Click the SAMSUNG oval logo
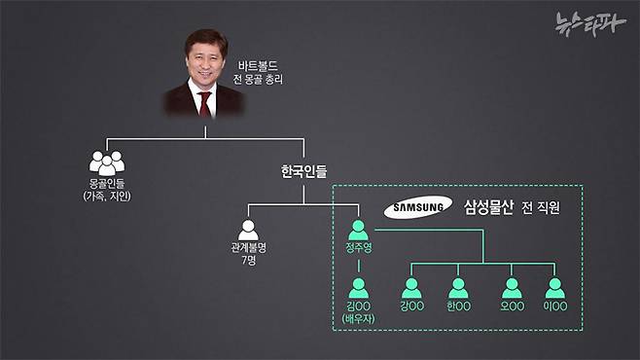(418, 207)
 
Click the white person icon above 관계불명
(248, 231)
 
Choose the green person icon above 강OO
(412, 288)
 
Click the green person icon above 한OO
(458, 288)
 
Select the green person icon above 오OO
(511, 288)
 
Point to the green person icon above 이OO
(555, 288)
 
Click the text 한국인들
(304, 171)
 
